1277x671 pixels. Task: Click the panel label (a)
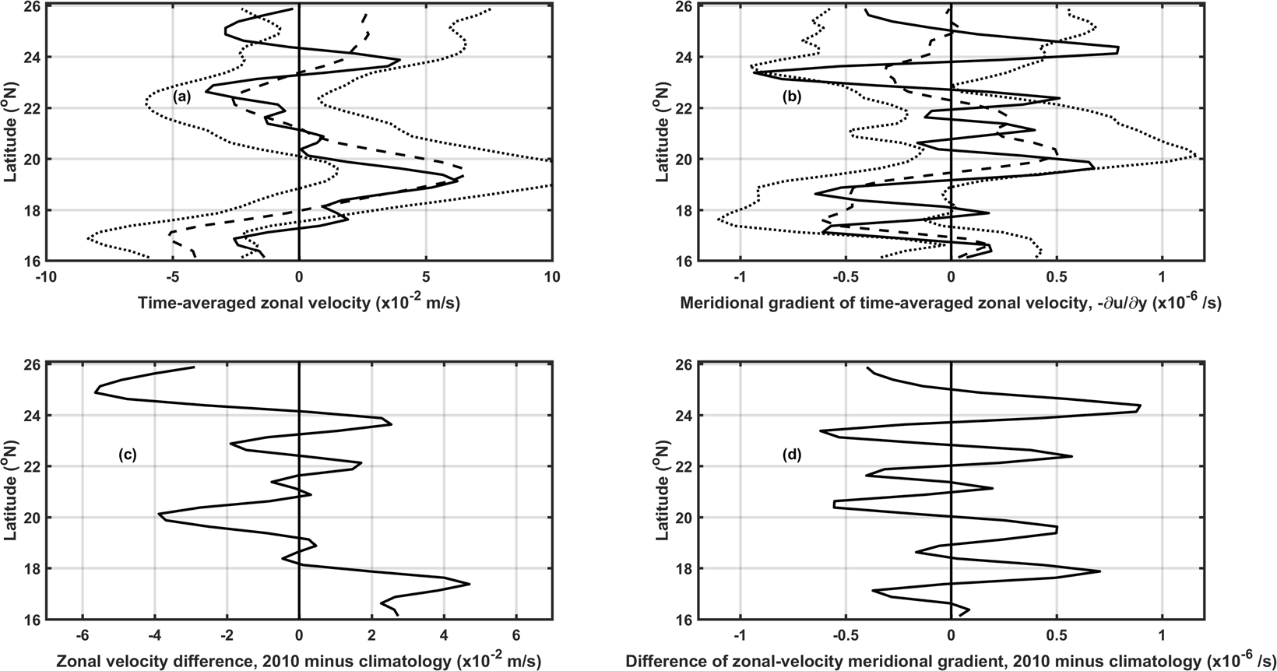181,97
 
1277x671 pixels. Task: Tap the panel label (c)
128,455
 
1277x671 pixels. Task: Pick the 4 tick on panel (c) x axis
444,634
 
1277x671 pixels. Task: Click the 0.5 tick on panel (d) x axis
1057,634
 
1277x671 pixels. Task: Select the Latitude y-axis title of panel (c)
11,491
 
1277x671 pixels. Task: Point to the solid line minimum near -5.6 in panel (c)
95,392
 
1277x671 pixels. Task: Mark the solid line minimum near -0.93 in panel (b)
755,72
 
